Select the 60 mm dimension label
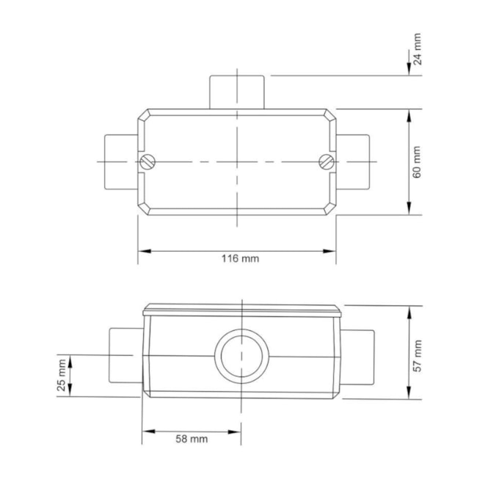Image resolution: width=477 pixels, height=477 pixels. point(417,163)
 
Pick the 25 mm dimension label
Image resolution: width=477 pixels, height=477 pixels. point(62,376)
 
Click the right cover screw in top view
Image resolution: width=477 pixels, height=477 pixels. point(327,161)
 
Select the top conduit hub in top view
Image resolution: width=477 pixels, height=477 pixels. point(236,92)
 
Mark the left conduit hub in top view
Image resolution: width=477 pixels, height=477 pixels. point(119,160)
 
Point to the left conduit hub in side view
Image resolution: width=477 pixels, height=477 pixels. point(125,356)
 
